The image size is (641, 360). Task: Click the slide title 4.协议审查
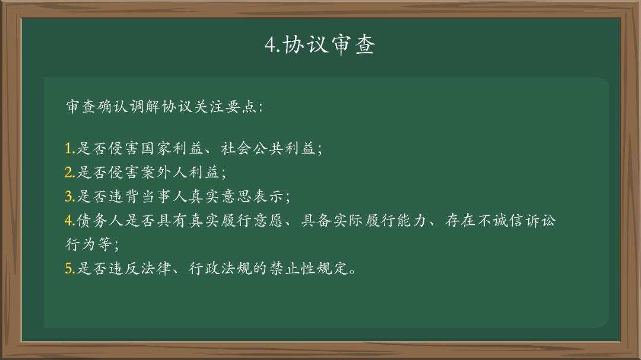coord(320,45)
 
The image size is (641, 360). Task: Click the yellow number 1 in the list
coord(69,149)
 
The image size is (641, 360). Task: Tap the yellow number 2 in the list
coord(69,173)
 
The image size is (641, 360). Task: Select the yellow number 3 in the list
coord(69,196)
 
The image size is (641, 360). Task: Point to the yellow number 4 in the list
coord(69,221)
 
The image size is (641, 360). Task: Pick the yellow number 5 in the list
coord(69,268)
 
